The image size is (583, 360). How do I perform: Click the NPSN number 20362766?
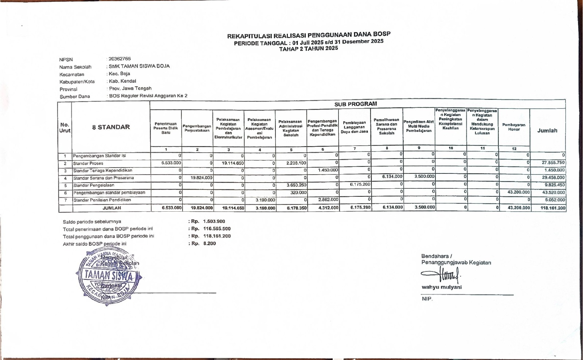tap(120, 59)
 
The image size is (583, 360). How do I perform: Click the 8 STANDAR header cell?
tap(111, 127)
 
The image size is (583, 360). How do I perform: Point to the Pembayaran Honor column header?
tap(514, 127)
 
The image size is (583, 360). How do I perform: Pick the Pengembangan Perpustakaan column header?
tap(197, 128)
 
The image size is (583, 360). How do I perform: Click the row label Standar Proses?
tap(88, 163)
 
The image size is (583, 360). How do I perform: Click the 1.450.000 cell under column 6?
tap(328, 170)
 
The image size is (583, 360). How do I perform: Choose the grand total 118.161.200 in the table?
tap(553, 208)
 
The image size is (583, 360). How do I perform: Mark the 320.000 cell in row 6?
tap(299, 192)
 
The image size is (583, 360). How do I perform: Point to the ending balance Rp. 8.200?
tap(210, 243)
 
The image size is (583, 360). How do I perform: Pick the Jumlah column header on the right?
tap(547, 130)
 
